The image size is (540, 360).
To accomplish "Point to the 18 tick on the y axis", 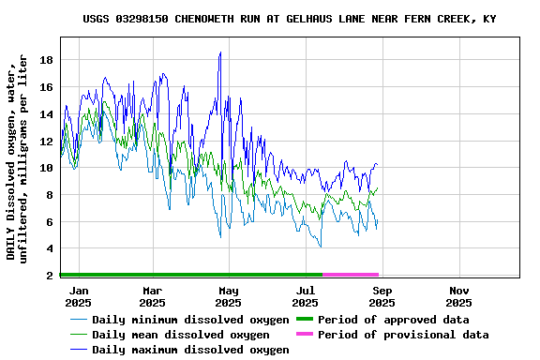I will click(x=46, y=60).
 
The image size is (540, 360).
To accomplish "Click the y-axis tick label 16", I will click(x=46, y=87).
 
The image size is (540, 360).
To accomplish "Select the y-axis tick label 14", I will click(x=46, y=114).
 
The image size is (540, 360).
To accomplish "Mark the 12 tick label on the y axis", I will click(x=46, y=142).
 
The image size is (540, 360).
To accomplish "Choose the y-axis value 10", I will click(x=46, y=169).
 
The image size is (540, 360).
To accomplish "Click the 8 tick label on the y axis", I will click(x=49, y=195).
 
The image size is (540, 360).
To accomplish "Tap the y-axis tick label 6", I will click(x=49, y=222).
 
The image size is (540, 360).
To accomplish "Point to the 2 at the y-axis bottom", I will click(x=49, y=276).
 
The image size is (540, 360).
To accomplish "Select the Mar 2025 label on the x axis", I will click(x=152, y=296).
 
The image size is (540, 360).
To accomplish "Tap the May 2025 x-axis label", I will click(x=229, y=296).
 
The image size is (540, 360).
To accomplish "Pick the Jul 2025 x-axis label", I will click(x=306, y=296).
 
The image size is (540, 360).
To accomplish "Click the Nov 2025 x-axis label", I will click(x=458, y=296).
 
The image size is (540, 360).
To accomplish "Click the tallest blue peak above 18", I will click(x=220, y=53).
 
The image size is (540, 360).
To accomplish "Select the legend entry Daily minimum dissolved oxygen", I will click(x=190, y=320).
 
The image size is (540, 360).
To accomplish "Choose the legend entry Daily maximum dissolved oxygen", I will click(x=190, y=350).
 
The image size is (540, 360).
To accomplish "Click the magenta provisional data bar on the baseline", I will click(x=350, y=275).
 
